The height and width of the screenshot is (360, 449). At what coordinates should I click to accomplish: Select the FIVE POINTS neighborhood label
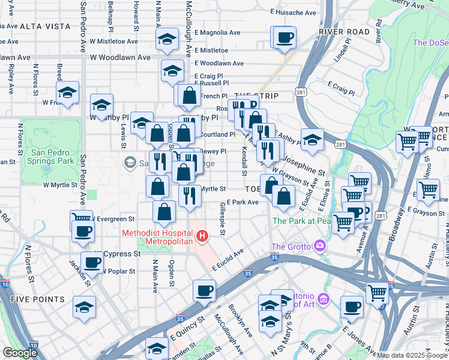(x=37, y=299)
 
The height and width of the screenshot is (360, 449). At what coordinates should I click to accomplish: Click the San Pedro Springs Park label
(x=53, y=157)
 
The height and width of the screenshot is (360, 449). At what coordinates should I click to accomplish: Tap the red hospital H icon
(x=202, y=236)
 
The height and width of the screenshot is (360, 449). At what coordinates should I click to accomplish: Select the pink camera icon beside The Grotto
(x=320, y=245)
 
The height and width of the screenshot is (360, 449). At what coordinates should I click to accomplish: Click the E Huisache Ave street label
(x=293, y=12)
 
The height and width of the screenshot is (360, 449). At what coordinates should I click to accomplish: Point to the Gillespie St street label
(x=223, y=218)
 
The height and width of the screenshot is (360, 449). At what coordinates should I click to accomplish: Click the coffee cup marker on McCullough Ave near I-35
(x=204, y=291)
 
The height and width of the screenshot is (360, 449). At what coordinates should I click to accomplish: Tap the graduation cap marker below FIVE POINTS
(x=84, y=307)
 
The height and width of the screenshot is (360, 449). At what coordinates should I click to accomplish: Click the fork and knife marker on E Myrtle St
(x=189, y=195)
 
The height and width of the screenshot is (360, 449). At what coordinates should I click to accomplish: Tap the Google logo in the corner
(x=20, y=353)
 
